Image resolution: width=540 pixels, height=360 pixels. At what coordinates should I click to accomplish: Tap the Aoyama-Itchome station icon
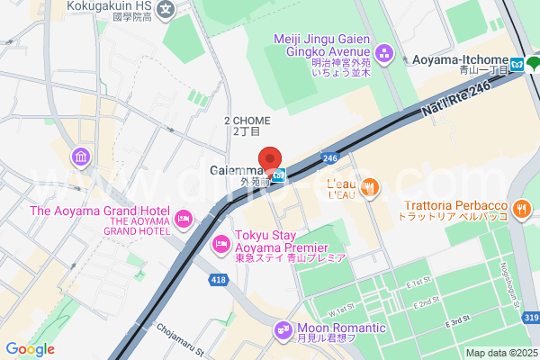[517, 64]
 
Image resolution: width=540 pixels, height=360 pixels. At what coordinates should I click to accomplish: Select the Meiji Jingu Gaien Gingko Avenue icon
[384, 53]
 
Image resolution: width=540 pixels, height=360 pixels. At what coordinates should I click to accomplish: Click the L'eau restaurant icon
[373, 188]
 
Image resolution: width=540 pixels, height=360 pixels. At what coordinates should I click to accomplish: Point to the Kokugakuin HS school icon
[166, 11]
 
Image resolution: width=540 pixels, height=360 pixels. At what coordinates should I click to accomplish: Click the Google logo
[30, 349]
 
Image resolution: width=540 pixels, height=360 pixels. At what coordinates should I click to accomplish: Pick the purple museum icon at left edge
[82, 159]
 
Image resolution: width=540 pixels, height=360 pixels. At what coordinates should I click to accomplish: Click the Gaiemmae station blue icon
[280, 175]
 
